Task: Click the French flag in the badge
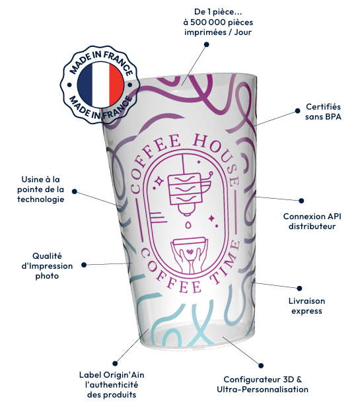pos(100,85)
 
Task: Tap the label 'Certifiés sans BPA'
pos(323,112)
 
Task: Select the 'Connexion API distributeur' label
pos(312,221)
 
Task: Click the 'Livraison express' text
pos(306,306)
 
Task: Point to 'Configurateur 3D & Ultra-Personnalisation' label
pos(262,384)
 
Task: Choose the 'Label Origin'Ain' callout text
pos(112,385)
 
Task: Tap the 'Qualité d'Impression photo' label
pos(47,266)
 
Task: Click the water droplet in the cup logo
pos(188,225)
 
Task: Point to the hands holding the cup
pos(189,260)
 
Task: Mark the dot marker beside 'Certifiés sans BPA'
pos(298,111)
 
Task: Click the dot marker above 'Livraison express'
pos(299,288)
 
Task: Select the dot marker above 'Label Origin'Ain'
pos(115,363)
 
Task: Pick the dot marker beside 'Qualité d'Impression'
pos(84,265)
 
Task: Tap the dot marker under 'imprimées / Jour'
pos(206,44)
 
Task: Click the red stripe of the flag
pos(116,85)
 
